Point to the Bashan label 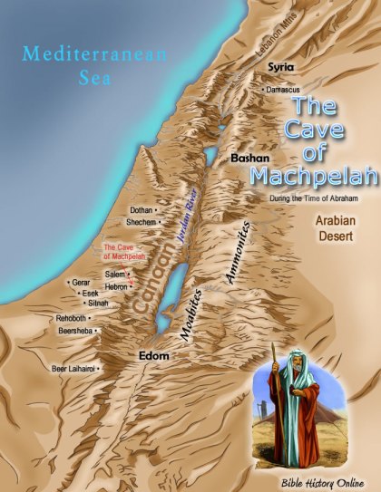click(x=249, y=158)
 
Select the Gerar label click(x=81, y=283)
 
